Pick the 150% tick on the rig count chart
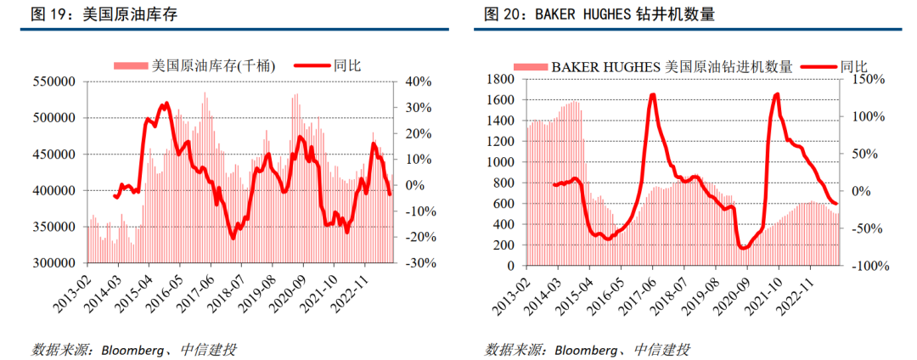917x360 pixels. pos(868,79)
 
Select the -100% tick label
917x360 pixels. pos(868,266)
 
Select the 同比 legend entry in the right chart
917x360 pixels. pos(853,65)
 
